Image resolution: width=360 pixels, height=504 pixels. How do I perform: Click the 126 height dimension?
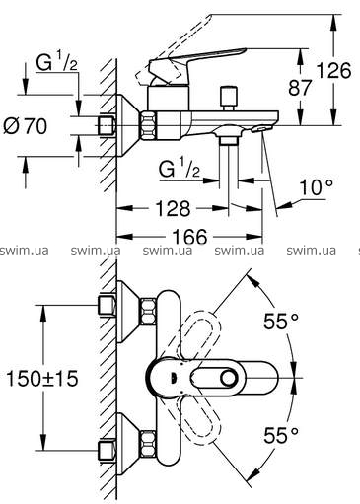click(333, 70)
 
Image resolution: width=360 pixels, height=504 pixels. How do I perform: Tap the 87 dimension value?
click(300, 88)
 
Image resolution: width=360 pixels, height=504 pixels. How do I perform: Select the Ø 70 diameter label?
click(26, 126)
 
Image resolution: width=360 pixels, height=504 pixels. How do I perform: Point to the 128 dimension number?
click(173, 208)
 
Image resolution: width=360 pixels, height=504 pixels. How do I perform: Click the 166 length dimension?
click(189, 236)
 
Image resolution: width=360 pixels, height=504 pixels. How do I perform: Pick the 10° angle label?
click(316, 187)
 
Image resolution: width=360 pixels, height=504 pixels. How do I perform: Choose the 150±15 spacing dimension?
click(42, 378)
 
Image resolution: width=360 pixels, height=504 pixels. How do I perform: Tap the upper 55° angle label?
click(281, 322)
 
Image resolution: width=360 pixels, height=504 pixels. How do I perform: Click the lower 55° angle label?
click(281, 436)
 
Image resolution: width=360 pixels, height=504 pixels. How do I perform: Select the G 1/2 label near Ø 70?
click(57, 62)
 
